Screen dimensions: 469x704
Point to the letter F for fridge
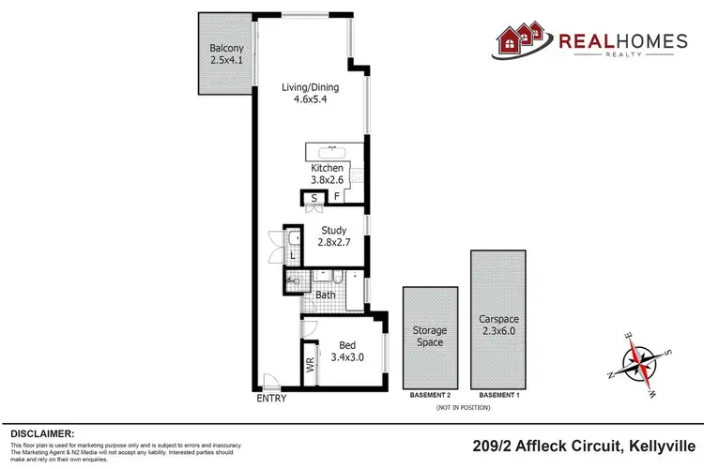coord(336,198)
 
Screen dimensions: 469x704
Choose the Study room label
coord(333,231)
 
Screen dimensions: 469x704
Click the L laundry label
coord(293,255)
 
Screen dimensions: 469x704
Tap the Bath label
coord(326,295)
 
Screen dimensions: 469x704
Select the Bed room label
coord(344,344)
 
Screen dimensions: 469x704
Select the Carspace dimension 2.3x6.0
coord(497,330)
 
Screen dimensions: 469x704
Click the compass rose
coord(641,362)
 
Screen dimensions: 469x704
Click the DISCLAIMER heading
coord(42,433)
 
